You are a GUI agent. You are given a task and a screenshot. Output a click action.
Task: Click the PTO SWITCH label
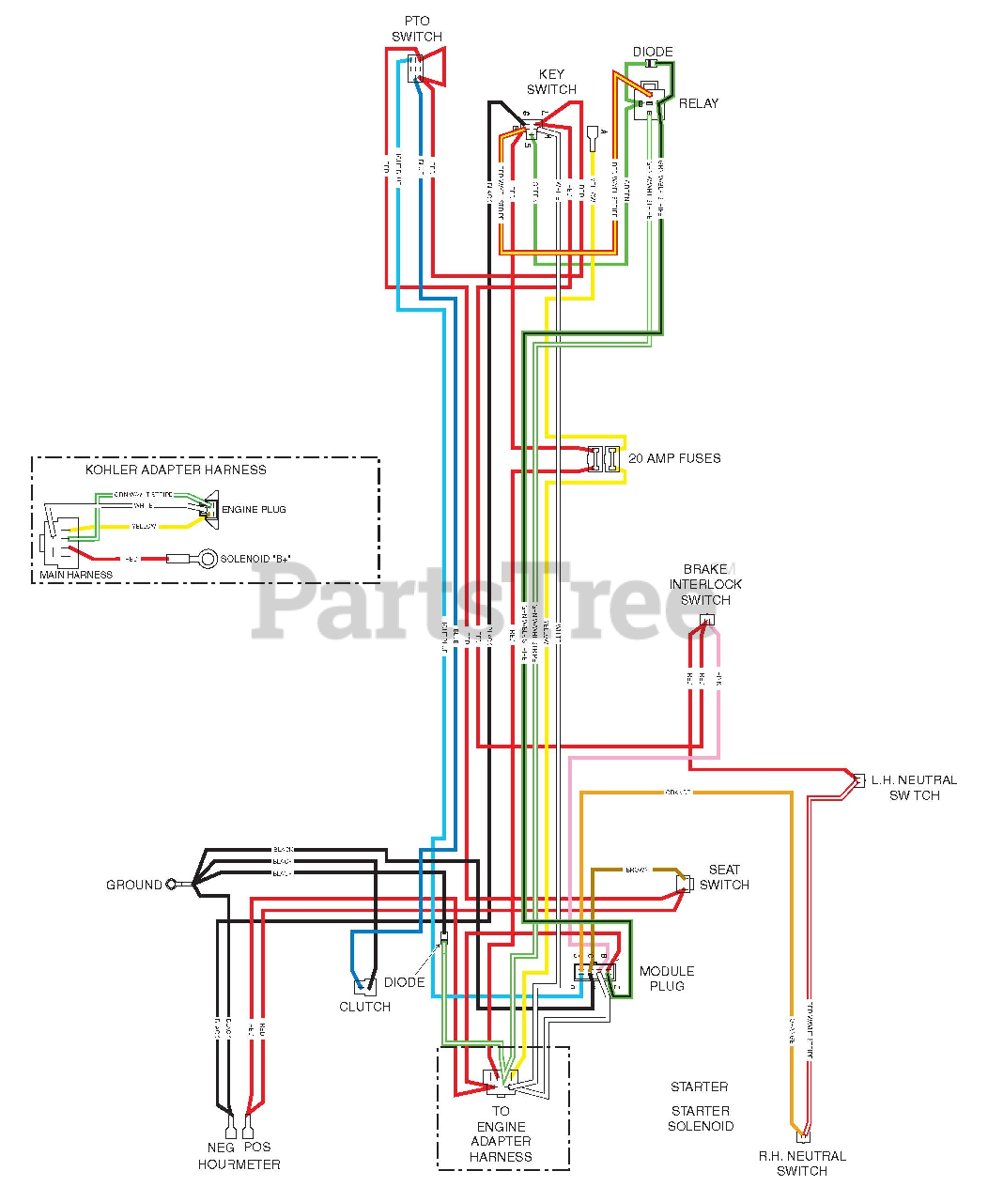(x=417, y=28)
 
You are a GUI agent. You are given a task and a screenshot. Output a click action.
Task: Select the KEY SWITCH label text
(x=551, y=82)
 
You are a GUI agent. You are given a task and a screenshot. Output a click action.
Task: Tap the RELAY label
(x=699, y=103)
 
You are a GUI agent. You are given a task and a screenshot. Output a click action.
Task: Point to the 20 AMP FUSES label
(x=674, y=458)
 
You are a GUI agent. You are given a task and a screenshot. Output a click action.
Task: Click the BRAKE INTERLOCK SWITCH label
(x=705, y=584)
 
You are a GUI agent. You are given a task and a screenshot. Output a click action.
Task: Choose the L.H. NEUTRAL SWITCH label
(x=914, y=787)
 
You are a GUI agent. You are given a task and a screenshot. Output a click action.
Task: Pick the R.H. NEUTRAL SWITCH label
(x=802, y=1163)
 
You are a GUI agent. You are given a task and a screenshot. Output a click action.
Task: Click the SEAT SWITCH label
(x=724, y=877)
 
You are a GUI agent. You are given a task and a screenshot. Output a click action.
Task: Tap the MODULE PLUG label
(x=667, y=979)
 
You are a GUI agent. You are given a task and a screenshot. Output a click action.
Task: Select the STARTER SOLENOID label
(x=701, y=1118)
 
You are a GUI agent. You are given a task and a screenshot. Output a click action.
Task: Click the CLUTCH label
(x=364, y=1007)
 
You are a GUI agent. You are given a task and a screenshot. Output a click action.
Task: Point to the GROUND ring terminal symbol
(x=171, y=885)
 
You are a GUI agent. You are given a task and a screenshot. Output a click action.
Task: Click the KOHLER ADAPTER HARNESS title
(x=176, y=470)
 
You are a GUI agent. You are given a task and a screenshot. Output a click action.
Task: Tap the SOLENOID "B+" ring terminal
(x=208, y=559)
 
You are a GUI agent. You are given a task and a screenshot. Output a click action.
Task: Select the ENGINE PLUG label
(x=254, y=509)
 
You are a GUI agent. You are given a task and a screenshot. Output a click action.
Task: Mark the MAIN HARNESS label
(x=76, y=575)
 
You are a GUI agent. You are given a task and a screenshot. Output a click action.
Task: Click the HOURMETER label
(x=239, y=1164)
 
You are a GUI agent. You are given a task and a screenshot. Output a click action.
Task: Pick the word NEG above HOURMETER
(x=221, y=1147)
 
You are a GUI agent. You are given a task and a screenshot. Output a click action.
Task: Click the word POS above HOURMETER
(x=257, y=1147)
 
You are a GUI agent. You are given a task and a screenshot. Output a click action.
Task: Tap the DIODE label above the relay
(x=653, y=52)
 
